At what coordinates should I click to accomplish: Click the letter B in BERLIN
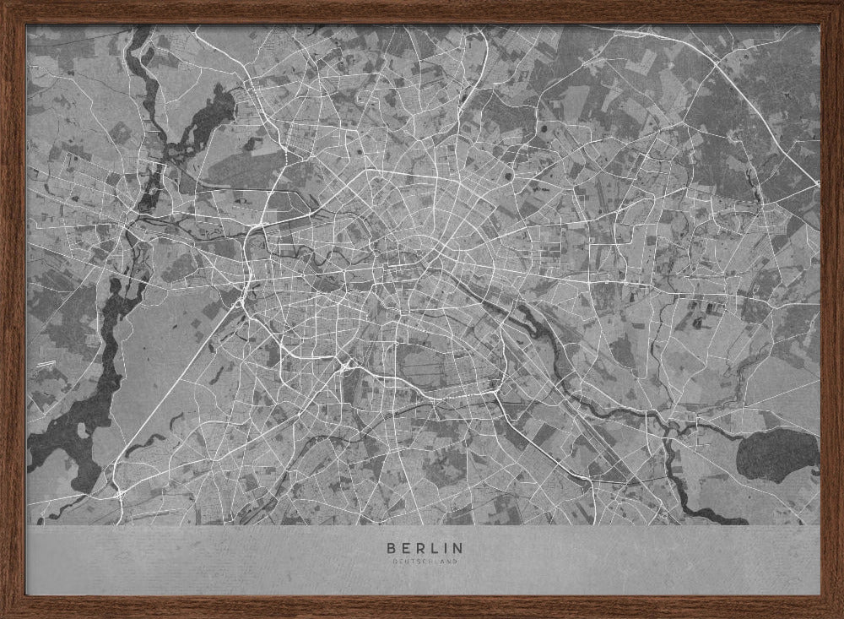(389, 548)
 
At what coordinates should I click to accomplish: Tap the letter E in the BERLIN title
(403, 548)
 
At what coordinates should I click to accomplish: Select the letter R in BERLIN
(418, 548)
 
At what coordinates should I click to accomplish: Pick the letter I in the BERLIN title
(443, 548)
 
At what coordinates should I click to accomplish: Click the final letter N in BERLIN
(457, 548)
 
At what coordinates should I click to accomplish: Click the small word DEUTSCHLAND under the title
(422, 562)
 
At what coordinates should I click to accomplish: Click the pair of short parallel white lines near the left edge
(42, 365)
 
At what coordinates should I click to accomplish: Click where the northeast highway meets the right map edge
(817, 183)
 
